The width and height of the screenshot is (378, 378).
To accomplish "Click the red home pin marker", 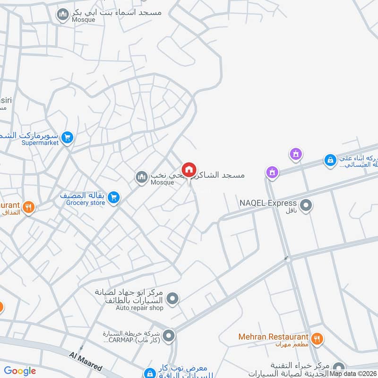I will coord(189,170).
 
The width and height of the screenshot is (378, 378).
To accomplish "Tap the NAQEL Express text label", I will coord(268,203).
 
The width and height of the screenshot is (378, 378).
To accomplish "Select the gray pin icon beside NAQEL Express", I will coord(306,205).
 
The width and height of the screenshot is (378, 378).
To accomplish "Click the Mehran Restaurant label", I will coord(273,336).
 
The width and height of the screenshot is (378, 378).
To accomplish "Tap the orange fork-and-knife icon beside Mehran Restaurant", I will coord(317,338).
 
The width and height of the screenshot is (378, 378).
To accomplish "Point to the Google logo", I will coord(20,371).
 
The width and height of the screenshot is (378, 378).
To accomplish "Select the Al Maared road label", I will coord(86,361).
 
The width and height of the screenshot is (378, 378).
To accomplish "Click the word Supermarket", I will coord(40,143).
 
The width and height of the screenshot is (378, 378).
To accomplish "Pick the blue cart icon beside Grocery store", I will coord(113,198).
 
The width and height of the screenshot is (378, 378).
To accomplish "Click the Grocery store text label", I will coord(86,203).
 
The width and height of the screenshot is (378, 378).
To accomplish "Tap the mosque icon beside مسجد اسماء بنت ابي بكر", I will coord(62,15).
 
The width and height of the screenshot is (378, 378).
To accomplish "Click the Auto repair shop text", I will coord(140,308).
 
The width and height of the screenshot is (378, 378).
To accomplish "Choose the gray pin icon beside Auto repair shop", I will coord(173,298).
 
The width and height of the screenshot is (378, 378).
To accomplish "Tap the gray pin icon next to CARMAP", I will coord(169,336).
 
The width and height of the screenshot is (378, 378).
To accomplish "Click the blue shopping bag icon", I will coord(330,161).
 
